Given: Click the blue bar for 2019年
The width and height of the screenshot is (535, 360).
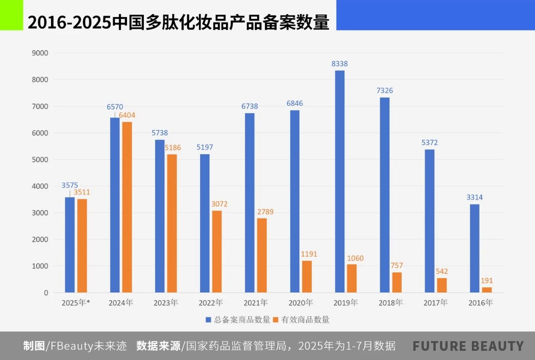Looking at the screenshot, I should tap(340, 181).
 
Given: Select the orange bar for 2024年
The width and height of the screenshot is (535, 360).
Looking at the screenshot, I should tap(127, 207).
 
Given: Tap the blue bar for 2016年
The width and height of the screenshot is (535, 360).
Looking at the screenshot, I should tap(474, 248).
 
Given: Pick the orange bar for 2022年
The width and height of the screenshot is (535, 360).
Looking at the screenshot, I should tap(217, 251).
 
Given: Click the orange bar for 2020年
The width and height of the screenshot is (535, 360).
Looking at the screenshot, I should tap(307, 276).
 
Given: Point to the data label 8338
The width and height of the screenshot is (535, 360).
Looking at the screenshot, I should tap(340, 64).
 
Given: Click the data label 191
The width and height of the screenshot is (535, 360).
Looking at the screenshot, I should tap(487, 281).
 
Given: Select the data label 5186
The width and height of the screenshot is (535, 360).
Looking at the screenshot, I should tap(173, 147).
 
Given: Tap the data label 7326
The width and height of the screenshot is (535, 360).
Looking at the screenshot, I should tap(385, 91).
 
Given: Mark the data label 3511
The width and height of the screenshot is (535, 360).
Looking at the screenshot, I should tap(82, 193).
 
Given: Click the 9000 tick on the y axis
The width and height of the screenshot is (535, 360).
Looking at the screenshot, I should tap(41, 53).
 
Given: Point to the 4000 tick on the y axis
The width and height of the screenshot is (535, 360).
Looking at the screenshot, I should tap(41, 186).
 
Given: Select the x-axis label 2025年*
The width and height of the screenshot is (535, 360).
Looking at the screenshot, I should tap(76, 303).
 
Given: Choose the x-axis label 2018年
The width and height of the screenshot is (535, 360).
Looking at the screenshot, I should tap(390, 303).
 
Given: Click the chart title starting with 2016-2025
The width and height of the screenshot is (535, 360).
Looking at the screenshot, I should tap(178, 22).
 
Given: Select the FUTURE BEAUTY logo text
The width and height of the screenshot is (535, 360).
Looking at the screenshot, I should tap(468, 346).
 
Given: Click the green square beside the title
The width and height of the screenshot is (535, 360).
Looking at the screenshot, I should tap(11, 15).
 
